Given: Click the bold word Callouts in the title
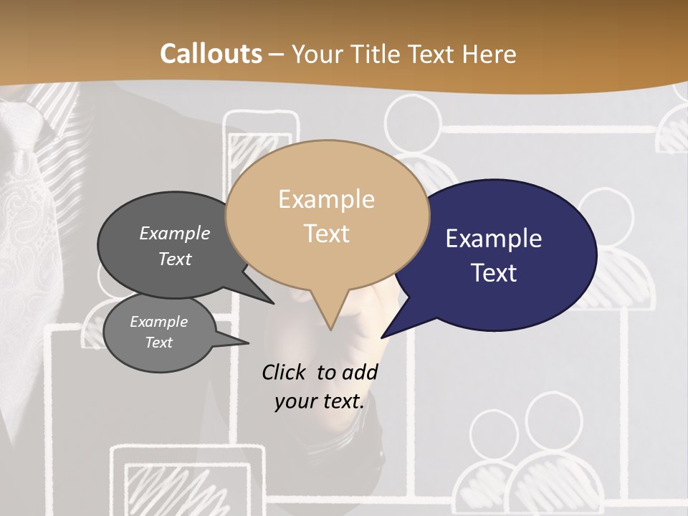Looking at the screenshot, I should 211,54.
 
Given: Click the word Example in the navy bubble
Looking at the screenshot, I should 494,239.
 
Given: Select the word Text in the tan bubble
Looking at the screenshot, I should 327,234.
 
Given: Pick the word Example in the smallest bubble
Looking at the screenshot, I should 159,322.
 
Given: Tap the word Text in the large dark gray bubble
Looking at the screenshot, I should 175,259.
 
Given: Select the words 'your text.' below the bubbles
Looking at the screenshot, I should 320,401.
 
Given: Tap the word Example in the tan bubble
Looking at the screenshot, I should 327,199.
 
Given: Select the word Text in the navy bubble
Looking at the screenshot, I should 494,273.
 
